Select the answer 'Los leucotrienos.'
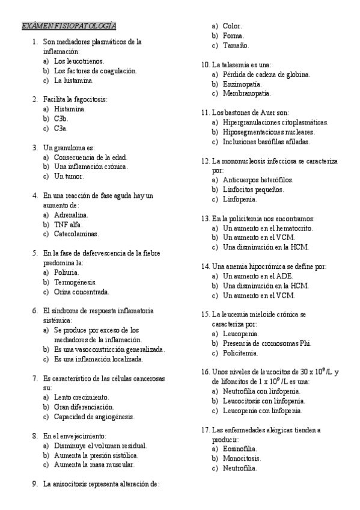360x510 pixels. coord(79,61)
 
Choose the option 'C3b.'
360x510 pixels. coord(61,118)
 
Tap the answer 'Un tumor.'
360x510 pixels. coord(69,176)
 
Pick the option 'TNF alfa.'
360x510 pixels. coord(68,224)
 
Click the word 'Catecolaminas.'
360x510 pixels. coord(76,234)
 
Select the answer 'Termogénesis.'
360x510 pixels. coord(75,282)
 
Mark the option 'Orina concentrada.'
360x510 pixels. coord(82,292)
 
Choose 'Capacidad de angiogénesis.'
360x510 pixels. coord(94,416)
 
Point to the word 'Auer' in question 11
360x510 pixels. coord(270,112)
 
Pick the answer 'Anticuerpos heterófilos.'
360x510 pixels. coord(258,180)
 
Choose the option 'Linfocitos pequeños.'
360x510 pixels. coord(254,189)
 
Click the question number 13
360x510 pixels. coord(204,218)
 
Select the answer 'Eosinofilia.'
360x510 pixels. coord(240,449)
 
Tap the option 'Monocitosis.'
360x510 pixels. coord(241,459)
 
